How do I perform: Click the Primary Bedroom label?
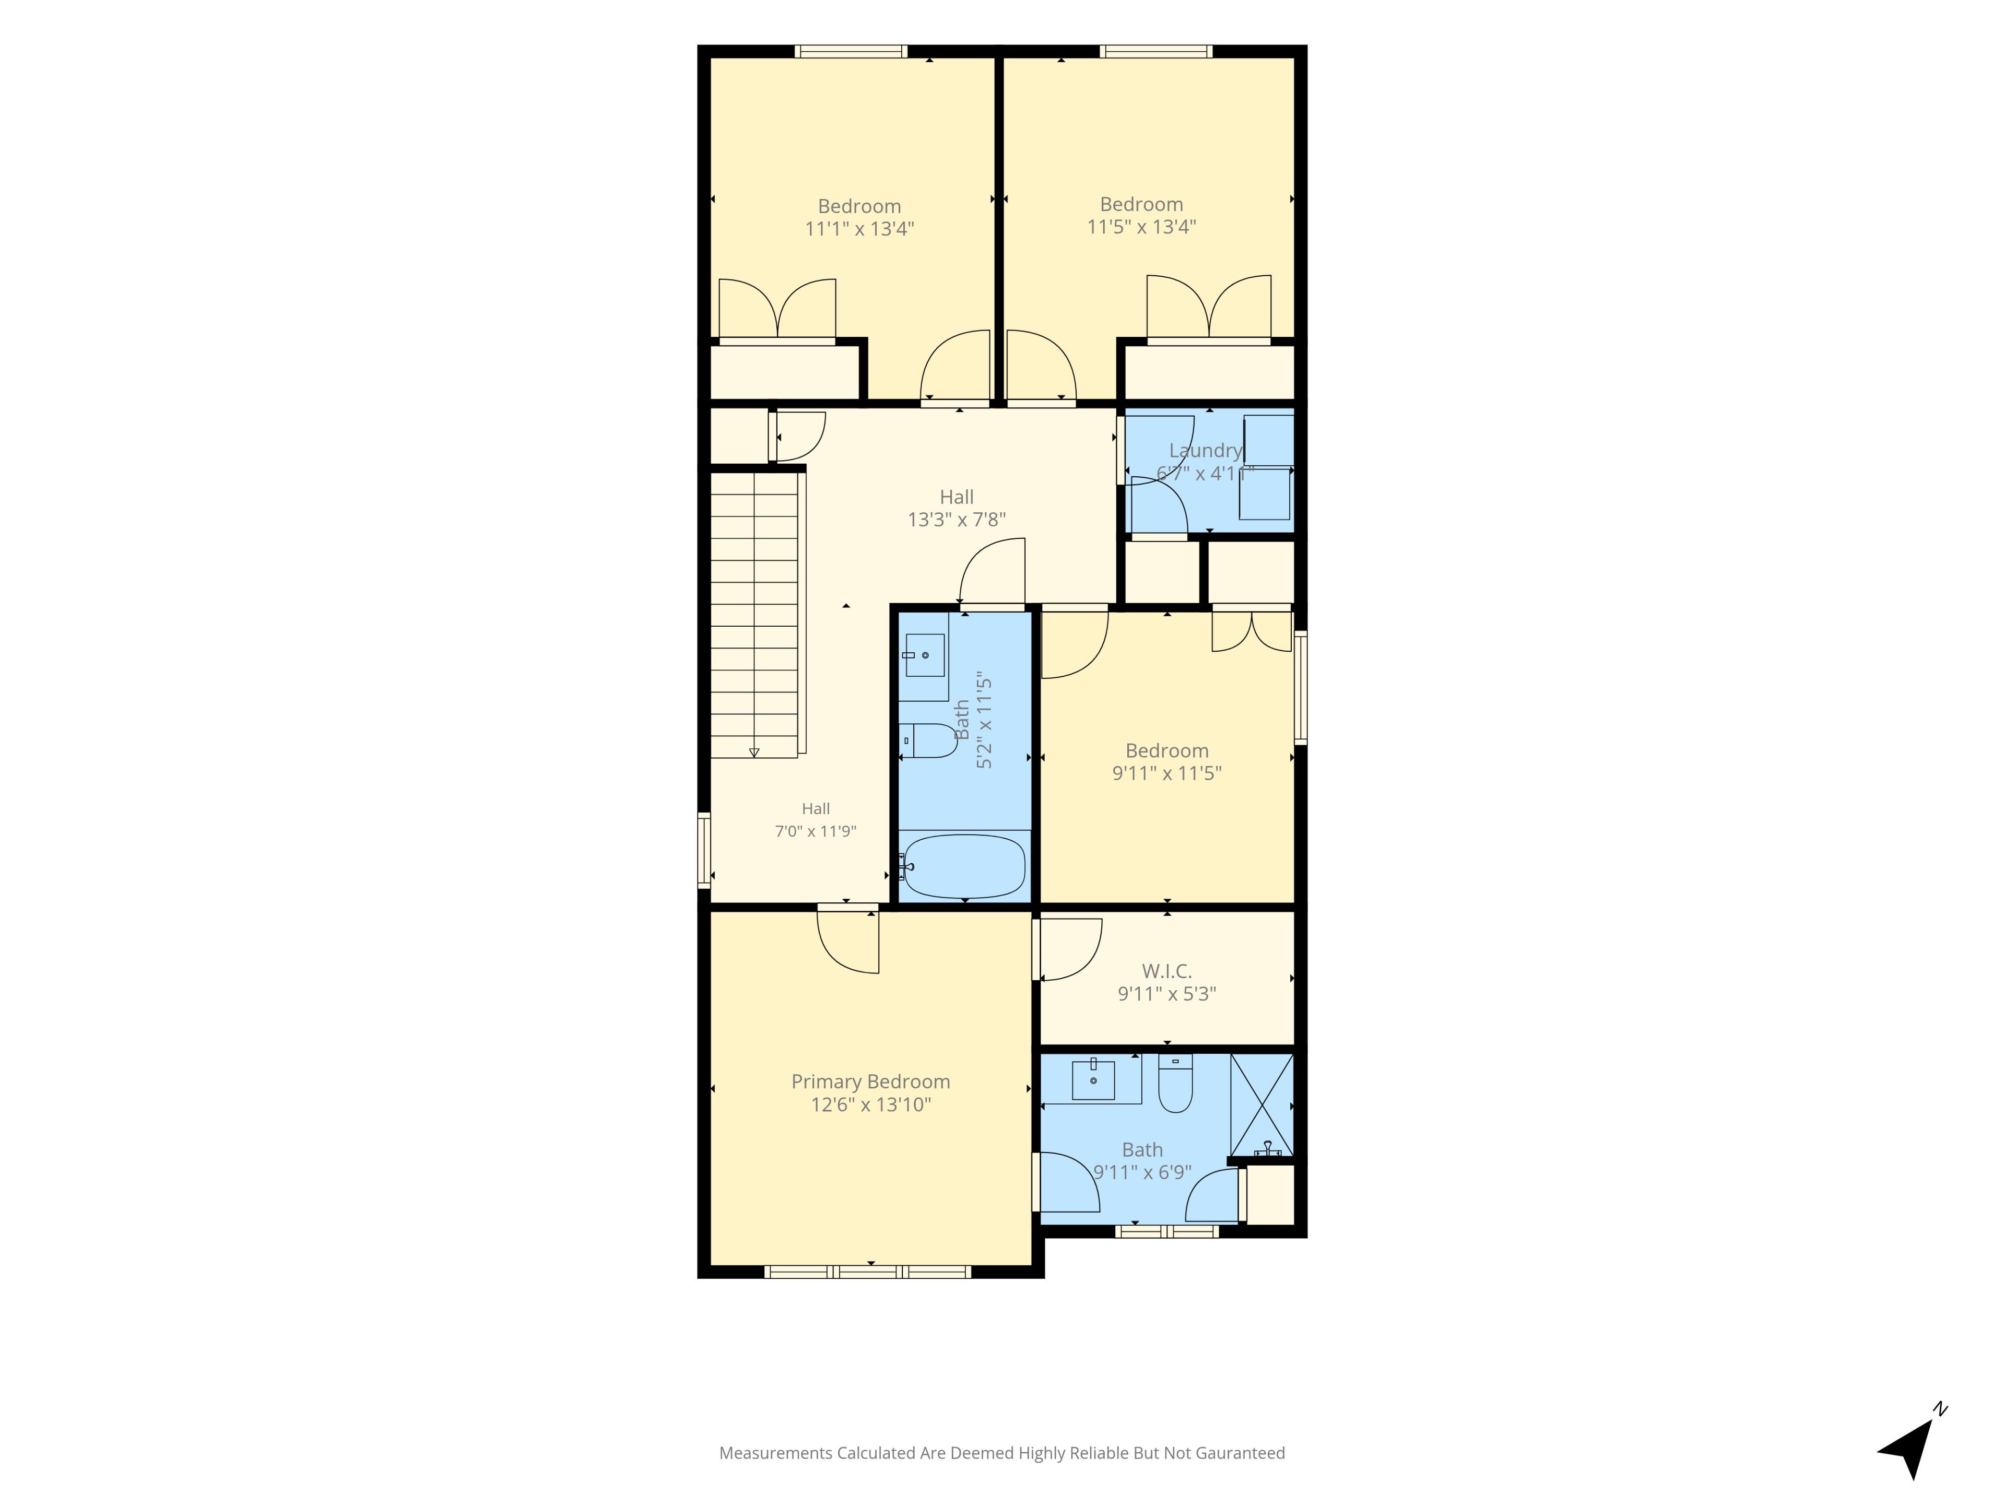pyautogui.click(x=870, y=1082)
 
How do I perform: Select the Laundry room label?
pyautogui.click(x=1205, y=451)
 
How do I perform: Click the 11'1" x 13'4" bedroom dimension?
pyautogui.click(x=859, y=228)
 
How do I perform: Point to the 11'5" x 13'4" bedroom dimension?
pyautogui.click(x=1141, y=227)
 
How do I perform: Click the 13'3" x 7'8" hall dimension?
pyautogui.click(x=956, y=520)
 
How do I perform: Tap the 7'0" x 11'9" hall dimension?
pyautogui.click(x=815, y=830)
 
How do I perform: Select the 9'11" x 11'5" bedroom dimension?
pyautogui.click(x=1166, y=773)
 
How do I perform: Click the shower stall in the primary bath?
pyautogui.click(x=1261, y=1104)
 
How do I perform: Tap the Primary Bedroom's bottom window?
pyautogui.click(x=867, y=1272)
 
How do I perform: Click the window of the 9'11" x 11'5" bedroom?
pyautogui.click(x=1301, y=687)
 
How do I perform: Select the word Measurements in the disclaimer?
pyautogui.click(x=775, y=1453)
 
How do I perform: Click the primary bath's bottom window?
pyautogui.click(x=1166, y=1231)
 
